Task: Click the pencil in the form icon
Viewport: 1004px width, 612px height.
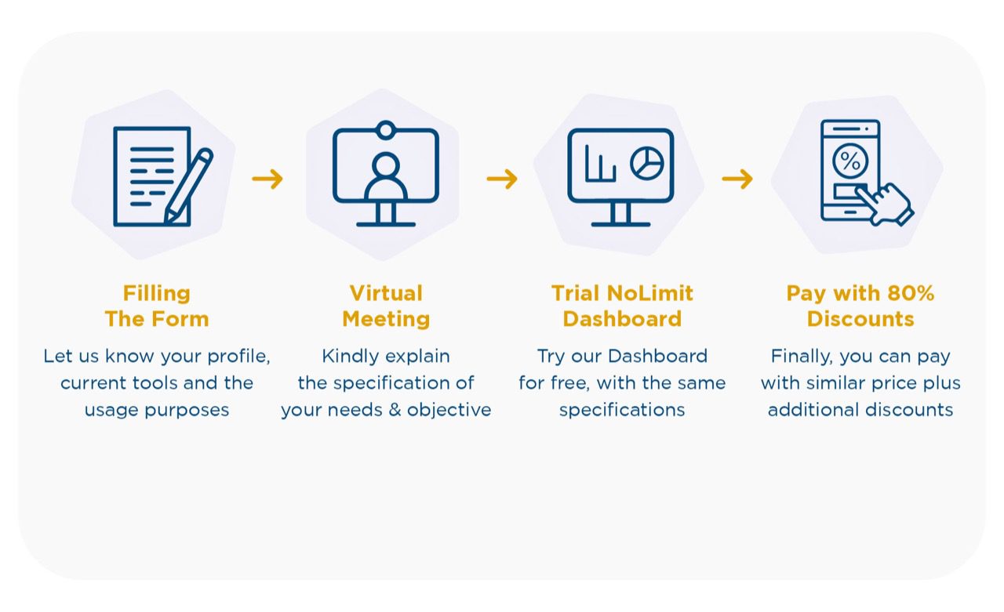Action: point(189,186)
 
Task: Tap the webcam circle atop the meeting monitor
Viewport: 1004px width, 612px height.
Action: point(385,130)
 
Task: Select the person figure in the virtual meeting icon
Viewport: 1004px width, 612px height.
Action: point(386,177)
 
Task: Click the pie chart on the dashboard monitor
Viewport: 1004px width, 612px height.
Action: point(647,163)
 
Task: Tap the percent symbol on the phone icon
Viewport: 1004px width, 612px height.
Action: point(850,161)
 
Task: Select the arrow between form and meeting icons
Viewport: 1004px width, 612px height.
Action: point(267,179)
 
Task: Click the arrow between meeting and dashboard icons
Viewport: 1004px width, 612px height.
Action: point(502,179)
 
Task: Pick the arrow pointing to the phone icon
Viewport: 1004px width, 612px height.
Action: point(737,179)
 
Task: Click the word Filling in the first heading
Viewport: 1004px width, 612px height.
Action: point(157,294)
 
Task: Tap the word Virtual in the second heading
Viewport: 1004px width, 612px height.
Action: point(386,294)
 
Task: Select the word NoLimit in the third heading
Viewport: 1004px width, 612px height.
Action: point(650,294)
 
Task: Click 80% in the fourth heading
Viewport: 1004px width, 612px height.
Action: point(911,294)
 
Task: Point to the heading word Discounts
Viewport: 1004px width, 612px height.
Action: point(860,319)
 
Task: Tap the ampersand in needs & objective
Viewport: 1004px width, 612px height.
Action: point(395,410)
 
